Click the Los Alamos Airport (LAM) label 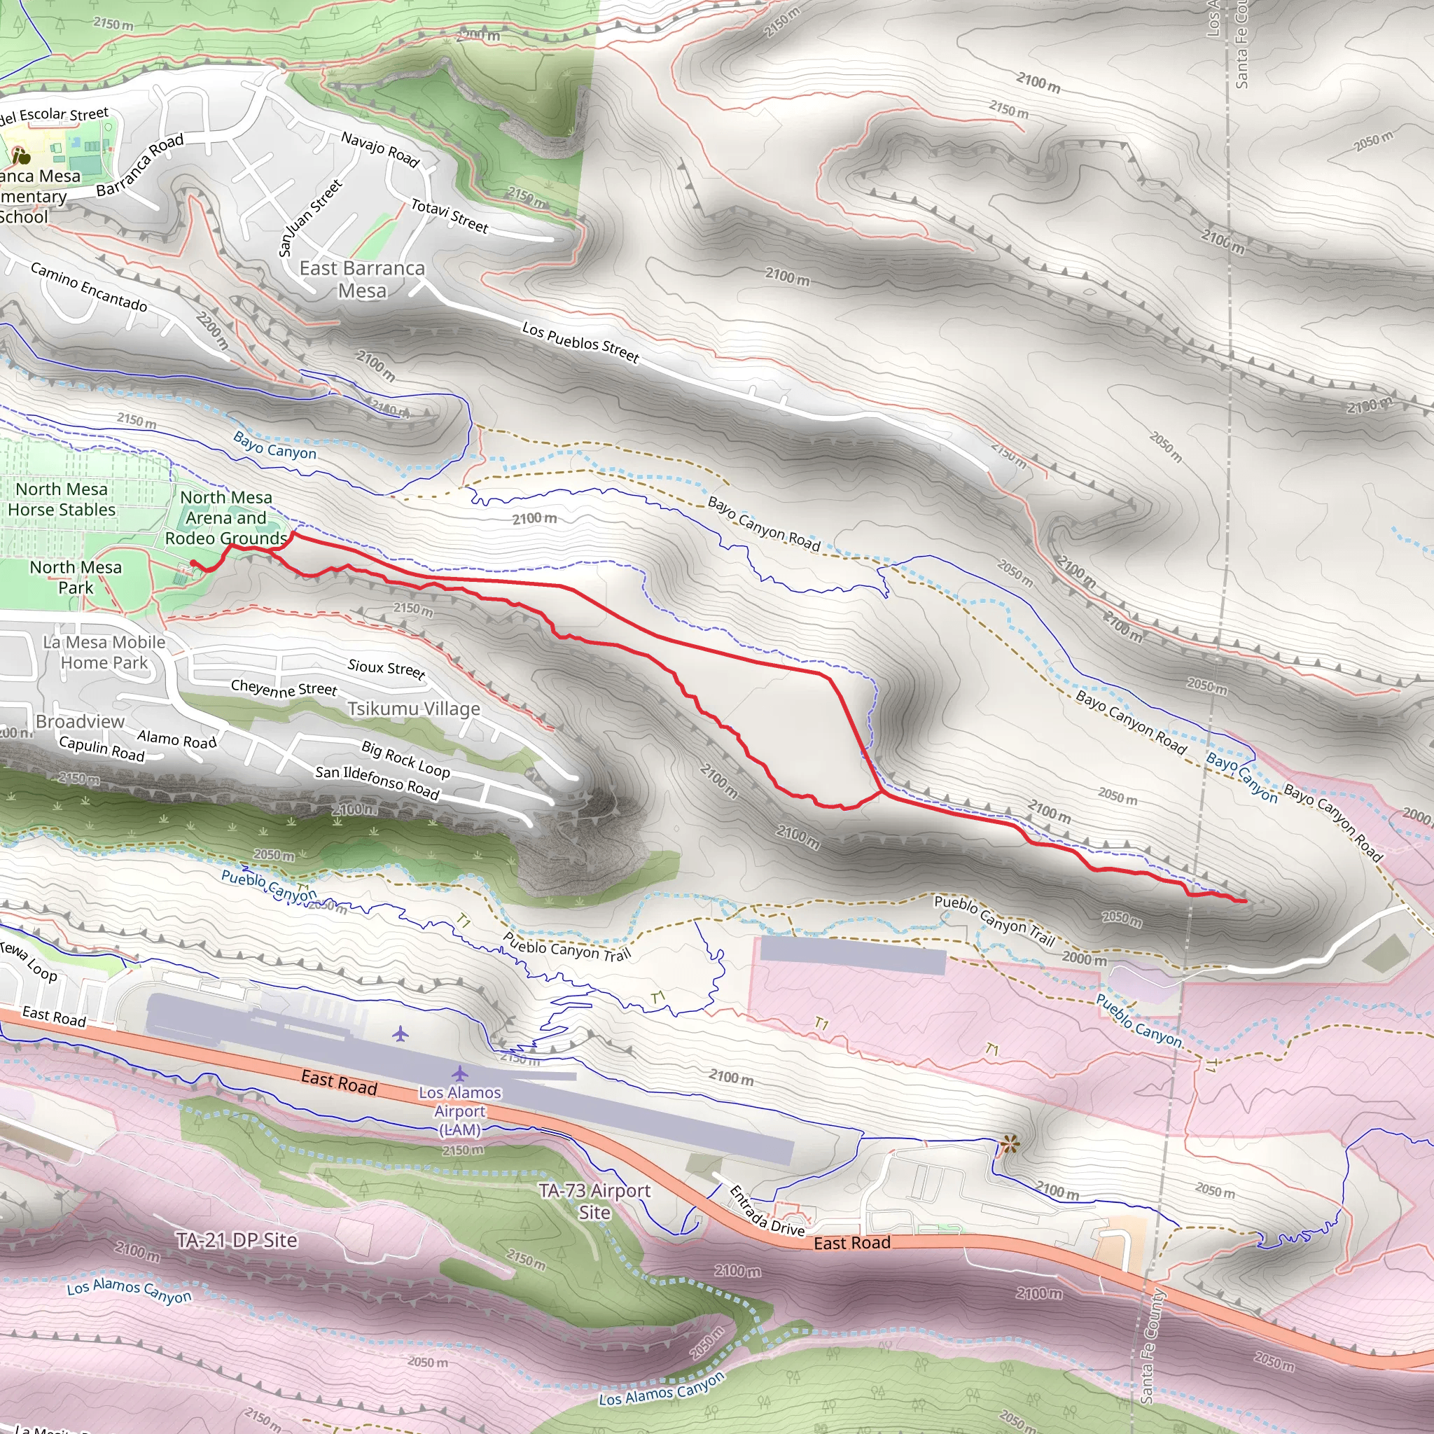pos(459,1111)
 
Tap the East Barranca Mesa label pos(362,279)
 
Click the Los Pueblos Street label pos(580,342)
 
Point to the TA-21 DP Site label pos(237,1240)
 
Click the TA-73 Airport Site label pos(594,1202)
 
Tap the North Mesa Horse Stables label pos(62,499)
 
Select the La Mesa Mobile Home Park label pos(104,652)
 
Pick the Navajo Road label pos(380,148)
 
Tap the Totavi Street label pos(449,216)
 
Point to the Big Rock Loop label pos(405,758)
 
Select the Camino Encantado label pos(88,286)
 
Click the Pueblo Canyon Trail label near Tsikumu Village pos(566,947)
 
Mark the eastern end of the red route pos(1246,901)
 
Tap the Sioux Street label pos(386,669)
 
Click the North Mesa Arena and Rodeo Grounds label pos(225,517)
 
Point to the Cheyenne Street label pos(284,688)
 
